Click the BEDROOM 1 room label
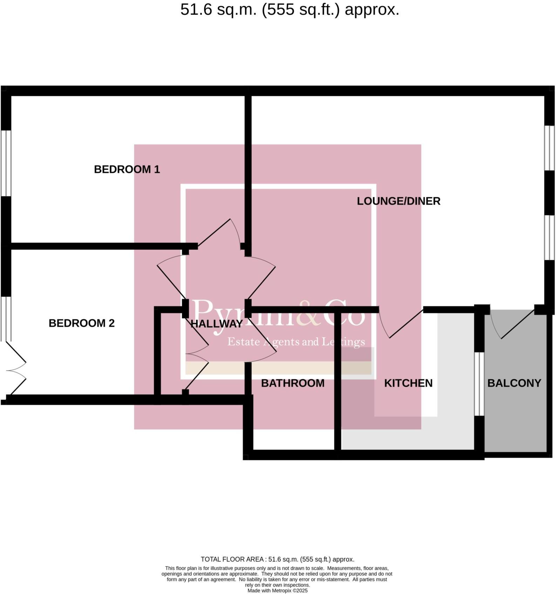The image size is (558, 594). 127,170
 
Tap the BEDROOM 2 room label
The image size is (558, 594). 82,323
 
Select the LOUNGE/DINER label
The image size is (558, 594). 399,201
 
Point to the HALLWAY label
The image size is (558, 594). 217,324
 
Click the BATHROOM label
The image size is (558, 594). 293,383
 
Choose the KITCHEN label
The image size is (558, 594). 408,383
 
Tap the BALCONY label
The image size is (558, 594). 514,383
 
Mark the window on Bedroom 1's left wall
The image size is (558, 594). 6,163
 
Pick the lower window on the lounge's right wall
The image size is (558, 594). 549,237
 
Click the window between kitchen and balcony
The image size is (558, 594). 479,384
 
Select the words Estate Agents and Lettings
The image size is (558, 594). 296,342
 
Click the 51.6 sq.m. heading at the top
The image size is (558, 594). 290,10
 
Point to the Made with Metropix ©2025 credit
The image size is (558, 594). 277,590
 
